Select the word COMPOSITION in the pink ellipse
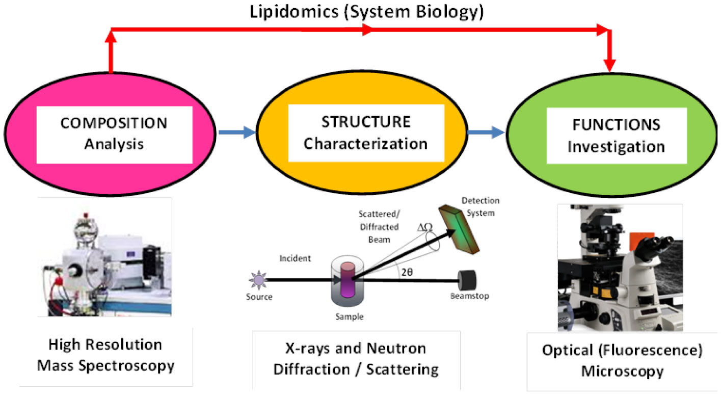point(114,123)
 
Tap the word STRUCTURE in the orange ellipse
point(365,122)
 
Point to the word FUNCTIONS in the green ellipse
point(616,124)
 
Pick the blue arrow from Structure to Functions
point(486,133)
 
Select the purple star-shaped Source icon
point(255,279)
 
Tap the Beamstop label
point(469,296)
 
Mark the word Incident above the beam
point(295,258)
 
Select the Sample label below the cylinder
point(350,317)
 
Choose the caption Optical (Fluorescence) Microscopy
point(622,361)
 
